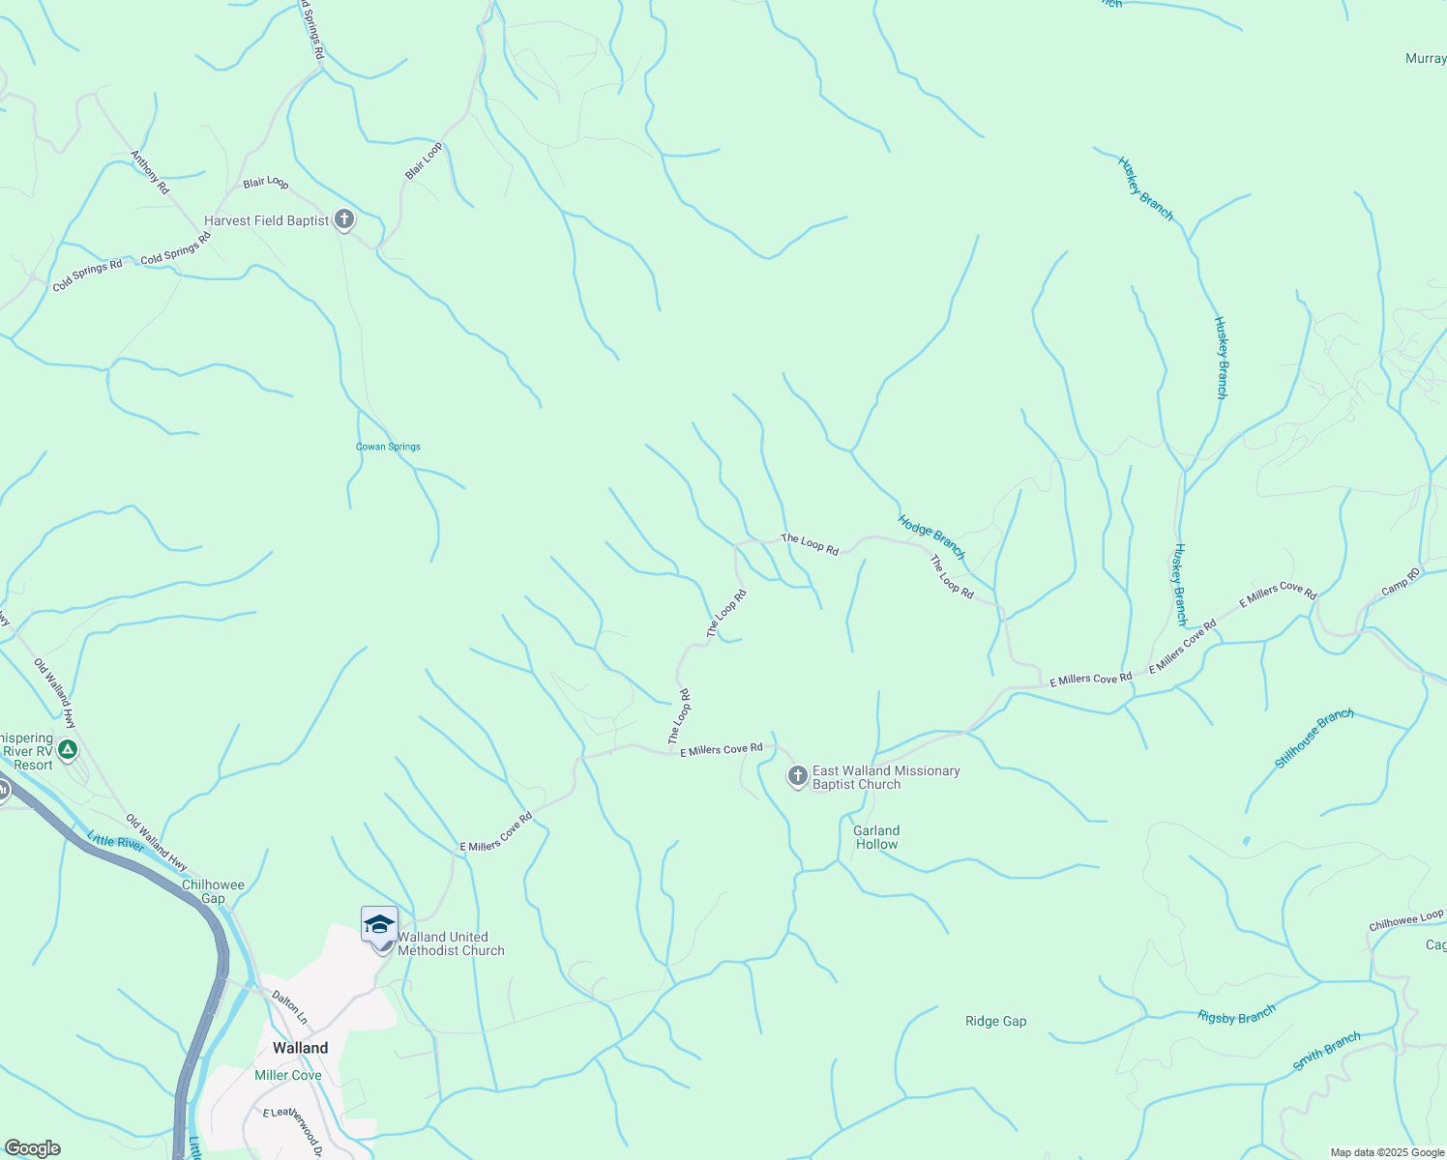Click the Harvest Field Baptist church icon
coord(343,219)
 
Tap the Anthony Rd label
coord(150,173)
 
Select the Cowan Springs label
coord(388,447)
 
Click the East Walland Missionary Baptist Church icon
coord(797,776)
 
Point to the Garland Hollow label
coord(876,837)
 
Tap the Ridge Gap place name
coord(995,1021)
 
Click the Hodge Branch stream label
coord(931,536)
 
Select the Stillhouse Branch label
coord(1314,739)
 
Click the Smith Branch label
coord(1327,1052)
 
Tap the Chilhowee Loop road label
coord(1405,920)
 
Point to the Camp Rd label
coord(1401,582)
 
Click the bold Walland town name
coord(300,1048)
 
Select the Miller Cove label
coord(287,1075)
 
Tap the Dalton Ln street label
coord(289,1007)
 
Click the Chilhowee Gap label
coord(213,891)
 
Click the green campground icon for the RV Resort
coord(67,749)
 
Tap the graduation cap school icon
coord(379,924)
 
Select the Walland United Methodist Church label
coord(451,943)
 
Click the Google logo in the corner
coord(32,1148)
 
